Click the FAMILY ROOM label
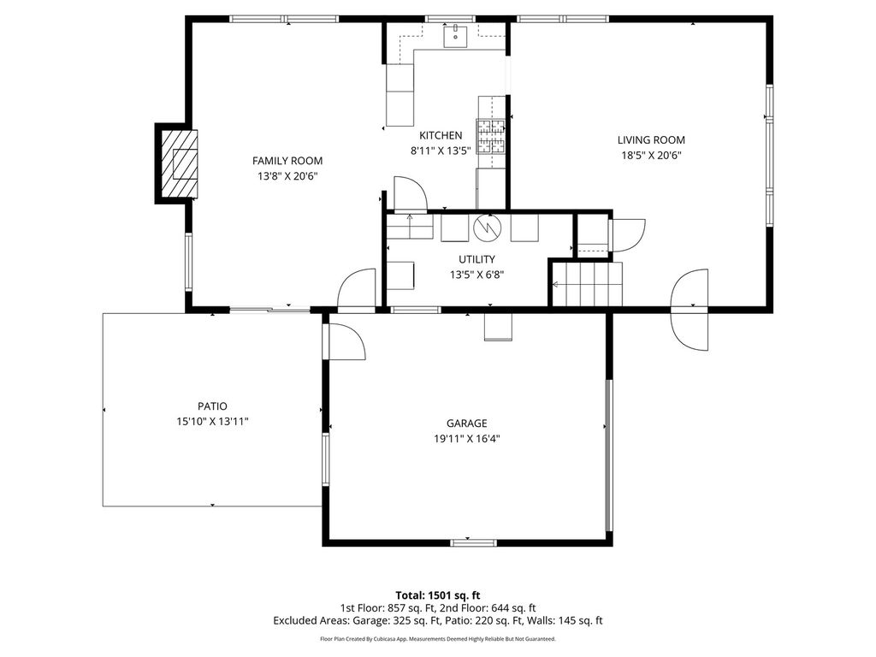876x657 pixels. [287, 161]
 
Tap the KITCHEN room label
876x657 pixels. [441, 135]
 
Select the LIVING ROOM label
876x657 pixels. [651, 140]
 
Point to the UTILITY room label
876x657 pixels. [476, 259]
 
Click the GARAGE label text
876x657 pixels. [466, 423]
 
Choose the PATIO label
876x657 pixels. [212, 406]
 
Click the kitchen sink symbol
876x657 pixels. [455, 36]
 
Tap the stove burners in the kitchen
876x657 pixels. [490, 136]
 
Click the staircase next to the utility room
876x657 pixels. [587, 284]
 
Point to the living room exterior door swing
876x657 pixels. [690, 310]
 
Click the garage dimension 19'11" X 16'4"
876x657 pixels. [466, 439]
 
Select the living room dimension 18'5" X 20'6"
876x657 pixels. [651, 156]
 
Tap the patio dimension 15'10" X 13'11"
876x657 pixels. [212, 422]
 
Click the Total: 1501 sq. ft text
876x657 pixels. [438, 595]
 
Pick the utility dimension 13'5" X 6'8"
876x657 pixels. [476, 275]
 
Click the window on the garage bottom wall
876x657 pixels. [473, 542]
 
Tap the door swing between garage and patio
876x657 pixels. [344, 341]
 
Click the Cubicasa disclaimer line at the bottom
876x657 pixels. [438, 638]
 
